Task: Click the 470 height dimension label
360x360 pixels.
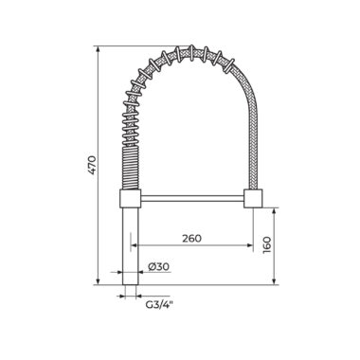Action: click(x=91, y=165)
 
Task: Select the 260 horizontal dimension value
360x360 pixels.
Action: click(x=191, y=238)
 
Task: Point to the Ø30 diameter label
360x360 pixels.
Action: click(x=158, y=266)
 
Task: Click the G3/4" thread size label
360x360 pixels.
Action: click(x=160, y=305)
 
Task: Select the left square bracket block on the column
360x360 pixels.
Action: click(x=130, y=199)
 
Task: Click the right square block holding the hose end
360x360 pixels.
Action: click(x=253, y=199)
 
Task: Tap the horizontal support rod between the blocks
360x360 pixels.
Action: click(x=192, y=198)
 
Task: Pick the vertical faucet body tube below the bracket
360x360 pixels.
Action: click(x=131, y=246)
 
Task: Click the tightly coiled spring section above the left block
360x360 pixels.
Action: click(x=131, y=170)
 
